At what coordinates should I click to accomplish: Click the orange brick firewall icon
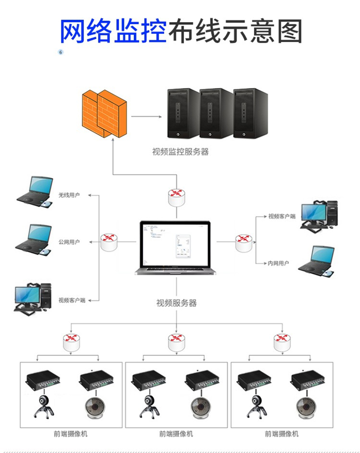point(104,113)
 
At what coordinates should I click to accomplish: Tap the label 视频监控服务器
point(180,152)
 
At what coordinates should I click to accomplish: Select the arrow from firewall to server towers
point(146,117)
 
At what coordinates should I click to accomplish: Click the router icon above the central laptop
point(176,198)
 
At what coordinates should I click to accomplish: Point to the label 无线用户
point(69,195)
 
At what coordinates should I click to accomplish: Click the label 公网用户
point(69,242)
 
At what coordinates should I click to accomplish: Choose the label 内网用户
point(278,263)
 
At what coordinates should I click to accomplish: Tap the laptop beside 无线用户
point(35,192)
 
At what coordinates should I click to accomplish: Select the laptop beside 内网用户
point(317,262)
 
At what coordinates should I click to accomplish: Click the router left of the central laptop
point(109,242)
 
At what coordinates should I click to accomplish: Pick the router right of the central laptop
point(243,243)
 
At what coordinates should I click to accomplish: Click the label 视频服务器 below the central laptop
point(176,303)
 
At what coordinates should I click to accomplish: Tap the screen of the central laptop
point(175,244)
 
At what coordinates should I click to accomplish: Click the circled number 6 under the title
point(61,52)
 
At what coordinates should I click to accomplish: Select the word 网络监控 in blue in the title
point(113,32)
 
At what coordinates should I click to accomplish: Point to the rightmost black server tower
point(250,113)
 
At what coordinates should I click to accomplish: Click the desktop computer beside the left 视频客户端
point(32,299)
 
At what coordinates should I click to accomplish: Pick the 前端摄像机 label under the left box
point(71,434)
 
